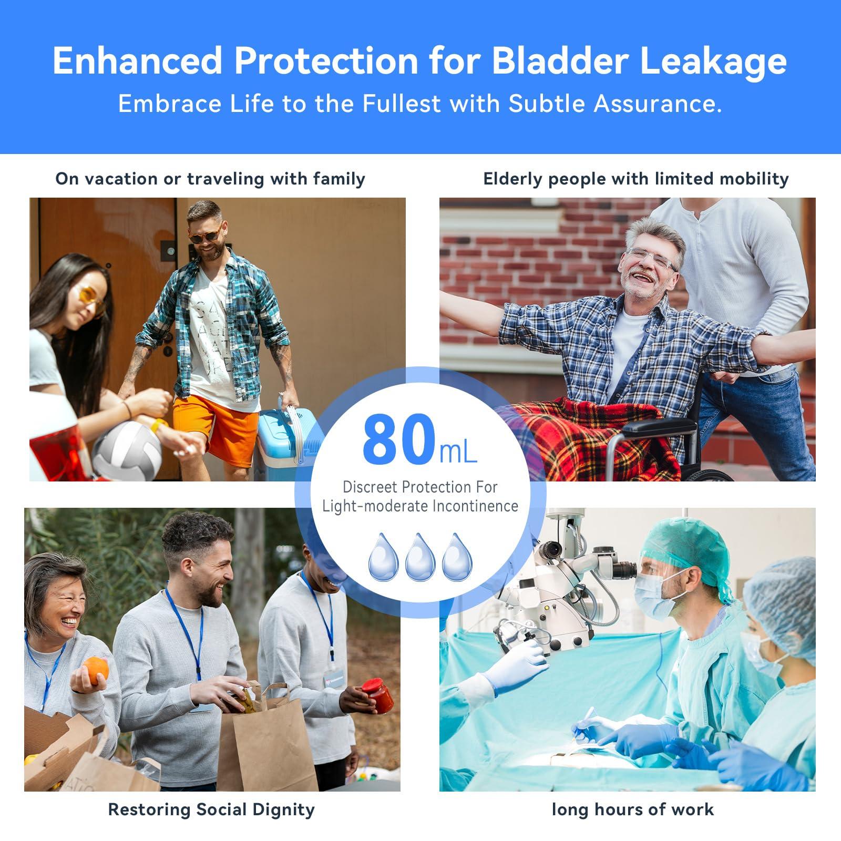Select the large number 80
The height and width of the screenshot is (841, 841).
pos(398,439)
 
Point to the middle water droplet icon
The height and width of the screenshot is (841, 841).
pos(420,557)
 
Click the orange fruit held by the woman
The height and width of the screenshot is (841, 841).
pos(95,670)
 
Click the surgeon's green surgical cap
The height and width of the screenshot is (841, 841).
pos(683,547)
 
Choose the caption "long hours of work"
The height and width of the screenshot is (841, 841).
pos(632,809)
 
